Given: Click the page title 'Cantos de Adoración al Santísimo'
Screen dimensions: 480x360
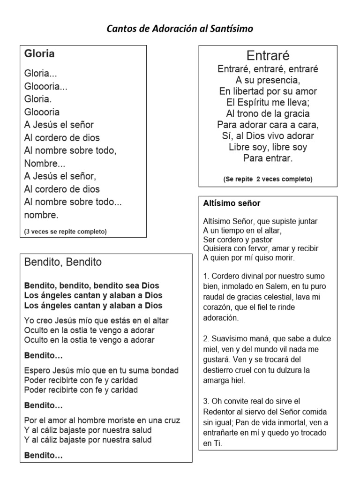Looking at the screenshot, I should (180, 29).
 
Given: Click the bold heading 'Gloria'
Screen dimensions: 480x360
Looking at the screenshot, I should (39, 54).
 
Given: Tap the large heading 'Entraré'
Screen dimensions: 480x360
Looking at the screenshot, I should (268, 56).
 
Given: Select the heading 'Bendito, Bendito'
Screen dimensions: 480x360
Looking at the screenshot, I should (63, 262).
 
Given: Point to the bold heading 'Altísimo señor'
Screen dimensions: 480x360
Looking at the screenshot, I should (232, 204).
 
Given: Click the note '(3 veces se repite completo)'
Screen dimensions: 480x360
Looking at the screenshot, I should (65, 232).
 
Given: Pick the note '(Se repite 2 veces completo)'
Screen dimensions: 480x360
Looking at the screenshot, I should (268, 179).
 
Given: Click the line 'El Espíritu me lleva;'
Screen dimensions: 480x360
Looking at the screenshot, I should (268, 102).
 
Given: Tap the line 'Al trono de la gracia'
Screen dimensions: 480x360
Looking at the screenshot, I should (268, 113).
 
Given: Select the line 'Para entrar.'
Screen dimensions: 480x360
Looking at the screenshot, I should (268, 158).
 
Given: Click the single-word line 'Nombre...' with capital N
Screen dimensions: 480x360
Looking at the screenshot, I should (45, 164).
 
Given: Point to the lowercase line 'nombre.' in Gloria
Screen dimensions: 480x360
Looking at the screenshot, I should (41, 215).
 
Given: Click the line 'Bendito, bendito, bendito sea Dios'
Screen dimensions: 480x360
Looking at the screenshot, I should (92, 285).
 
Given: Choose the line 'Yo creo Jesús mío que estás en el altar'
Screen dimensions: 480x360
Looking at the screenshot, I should (97, 321).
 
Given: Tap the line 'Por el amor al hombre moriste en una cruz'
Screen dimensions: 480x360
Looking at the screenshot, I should (102, 420).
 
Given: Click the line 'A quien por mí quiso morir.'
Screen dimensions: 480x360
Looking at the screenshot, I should (249, 258).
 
